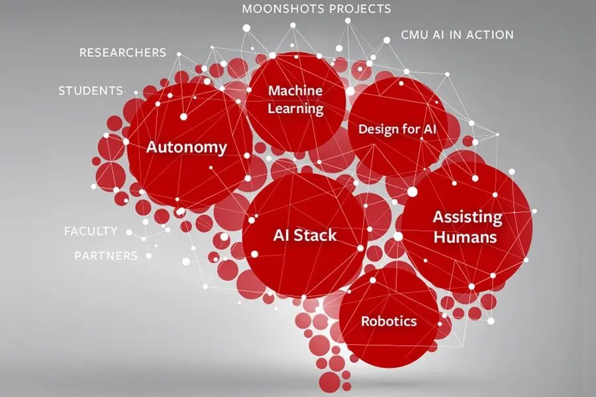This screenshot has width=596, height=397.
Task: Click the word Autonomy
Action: click(187, 148)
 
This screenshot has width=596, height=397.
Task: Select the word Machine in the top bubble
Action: click(295, 91)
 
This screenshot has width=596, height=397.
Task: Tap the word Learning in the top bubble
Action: click(296, 109)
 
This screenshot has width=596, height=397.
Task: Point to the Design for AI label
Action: click(397, 129)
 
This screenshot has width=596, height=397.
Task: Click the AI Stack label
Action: click(305, 235)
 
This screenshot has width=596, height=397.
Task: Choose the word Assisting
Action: click(468, 218)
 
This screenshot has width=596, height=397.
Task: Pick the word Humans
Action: click(466, 238)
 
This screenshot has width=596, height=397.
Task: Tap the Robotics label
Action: click(389, 321)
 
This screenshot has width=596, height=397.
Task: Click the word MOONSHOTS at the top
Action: click(283, 9)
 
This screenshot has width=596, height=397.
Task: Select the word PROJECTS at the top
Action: click(360, 9)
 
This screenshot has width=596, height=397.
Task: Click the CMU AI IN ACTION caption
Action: click(457, 34)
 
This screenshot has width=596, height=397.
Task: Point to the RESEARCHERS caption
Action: click(123, 52)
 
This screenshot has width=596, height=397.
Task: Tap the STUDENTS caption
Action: click(91, 91)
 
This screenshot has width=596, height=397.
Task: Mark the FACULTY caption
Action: click(91, 231)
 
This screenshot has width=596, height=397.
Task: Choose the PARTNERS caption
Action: click(106, 255)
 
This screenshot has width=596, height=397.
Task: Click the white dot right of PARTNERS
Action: click(148, 256)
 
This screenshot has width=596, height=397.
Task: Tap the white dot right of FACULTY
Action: click(129, 232)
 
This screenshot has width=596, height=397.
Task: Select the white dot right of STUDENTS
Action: click(136, 93)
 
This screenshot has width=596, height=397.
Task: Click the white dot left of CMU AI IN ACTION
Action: click(387, 40)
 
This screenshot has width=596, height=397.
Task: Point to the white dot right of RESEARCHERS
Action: click(179, 54)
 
